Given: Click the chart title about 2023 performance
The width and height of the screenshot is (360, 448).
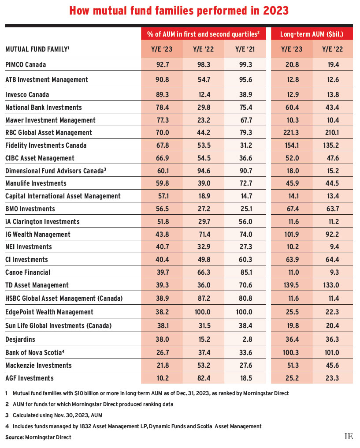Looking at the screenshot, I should [180, 10].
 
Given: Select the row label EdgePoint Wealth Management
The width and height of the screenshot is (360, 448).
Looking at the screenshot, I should [49, 312].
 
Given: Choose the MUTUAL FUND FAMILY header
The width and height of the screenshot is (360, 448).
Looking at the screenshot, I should [37, 49].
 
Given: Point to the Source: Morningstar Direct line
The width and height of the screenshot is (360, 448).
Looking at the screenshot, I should [38, 437].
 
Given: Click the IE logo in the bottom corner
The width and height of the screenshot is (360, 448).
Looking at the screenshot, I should [349, 437].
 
